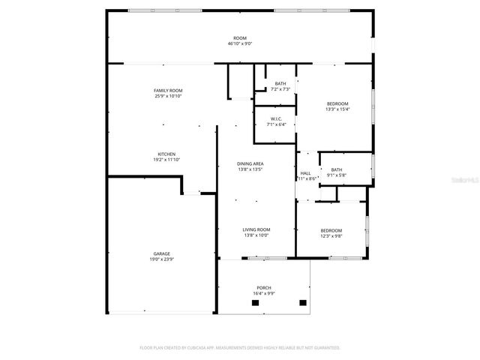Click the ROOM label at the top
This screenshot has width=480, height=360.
(239, 38)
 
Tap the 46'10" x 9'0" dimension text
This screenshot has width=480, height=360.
(239, 43)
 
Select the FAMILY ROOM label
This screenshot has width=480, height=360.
(168, 90)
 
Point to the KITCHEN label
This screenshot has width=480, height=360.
(166, 154)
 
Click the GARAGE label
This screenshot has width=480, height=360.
(162, 254)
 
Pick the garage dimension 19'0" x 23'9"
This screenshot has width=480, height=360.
(162, 259)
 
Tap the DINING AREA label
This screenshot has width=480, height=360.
(250, 163)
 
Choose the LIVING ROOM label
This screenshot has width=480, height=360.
(256, 229)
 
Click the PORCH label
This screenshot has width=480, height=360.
(263, 288)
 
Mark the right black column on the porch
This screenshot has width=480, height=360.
(303, 303)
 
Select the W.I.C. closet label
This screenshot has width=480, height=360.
(276, 119)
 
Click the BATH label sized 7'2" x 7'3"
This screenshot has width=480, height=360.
(280, 83)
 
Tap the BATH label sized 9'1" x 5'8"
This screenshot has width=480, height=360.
(337, 169)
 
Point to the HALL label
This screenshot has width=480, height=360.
(306, 173)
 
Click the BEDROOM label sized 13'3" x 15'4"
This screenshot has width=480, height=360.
(337, 103)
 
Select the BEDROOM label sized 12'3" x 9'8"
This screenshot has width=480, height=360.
(331, 230)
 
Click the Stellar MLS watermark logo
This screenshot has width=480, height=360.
(463, 181)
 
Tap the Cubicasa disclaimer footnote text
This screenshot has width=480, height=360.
(239, 348)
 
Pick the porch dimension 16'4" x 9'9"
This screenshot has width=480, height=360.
(263, 293)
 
